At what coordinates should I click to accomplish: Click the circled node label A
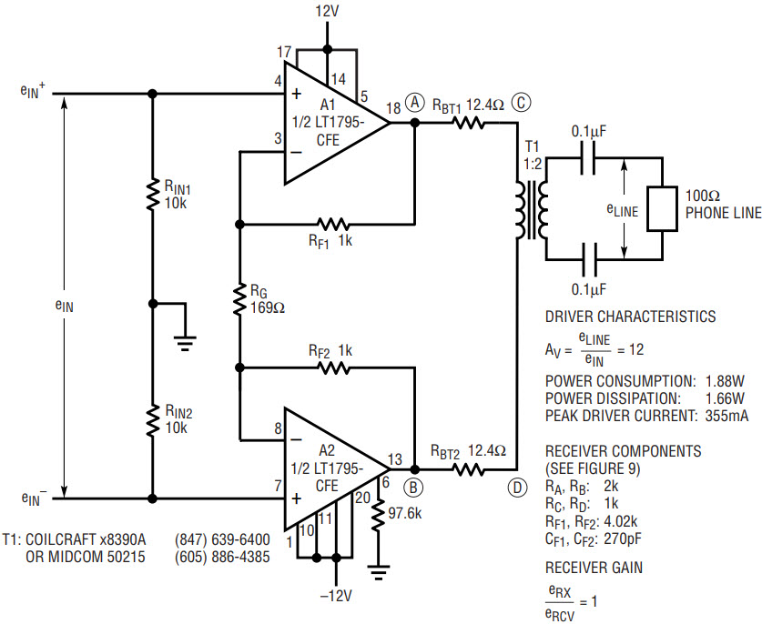pos(414,102)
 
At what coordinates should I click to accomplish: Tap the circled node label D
pos(516,488)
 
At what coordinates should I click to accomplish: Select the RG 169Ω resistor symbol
pos(239,300)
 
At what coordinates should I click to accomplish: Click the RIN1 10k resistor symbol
pos(153,195)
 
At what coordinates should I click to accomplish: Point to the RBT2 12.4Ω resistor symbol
pos(468,469)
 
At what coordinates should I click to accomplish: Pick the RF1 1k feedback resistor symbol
pos(333,225)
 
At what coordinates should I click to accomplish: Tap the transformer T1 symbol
pos(533,210)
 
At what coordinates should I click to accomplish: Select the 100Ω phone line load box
pos(662,207)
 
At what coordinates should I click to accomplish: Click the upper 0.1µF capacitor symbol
pos(588,157)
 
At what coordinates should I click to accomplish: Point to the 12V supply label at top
pos(327,11)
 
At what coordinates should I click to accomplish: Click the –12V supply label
pos(336,596)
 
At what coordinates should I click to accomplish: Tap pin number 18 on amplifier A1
pos(393,108)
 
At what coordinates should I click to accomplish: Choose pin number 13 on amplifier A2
pos(395,458)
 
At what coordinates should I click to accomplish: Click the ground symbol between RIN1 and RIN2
pos(185,342)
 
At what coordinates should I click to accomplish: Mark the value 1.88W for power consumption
pos(725,381)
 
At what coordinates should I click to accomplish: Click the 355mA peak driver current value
pos(726,416)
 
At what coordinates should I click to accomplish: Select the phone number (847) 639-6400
pos(222,539)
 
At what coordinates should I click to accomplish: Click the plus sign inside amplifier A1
pos(296,94)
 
